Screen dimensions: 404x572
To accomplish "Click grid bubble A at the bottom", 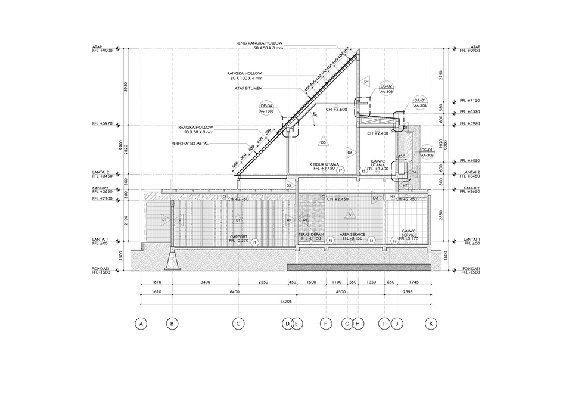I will point(141,324).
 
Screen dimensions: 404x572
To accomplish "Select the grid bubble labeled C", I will point(238,324).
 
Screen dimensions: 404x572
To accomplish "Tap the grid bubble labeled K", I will point(430,324).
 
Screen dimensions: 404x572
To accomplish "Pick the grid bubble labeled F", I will point(326,324).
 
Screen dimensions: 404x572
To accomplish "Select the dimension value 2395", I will point(407,292).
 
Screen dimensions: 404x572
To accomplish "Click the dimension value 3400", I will point(205,282).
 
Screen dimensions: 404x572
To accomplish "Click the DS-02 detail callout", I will point(386,87).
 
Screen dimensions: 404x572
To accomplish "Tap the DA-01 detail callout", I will point(421,100).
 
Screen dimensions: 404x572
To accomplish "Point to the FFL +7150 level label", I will point(470,101).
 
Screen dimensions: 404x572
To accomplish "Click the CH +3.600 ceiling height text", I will point(336,110).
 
